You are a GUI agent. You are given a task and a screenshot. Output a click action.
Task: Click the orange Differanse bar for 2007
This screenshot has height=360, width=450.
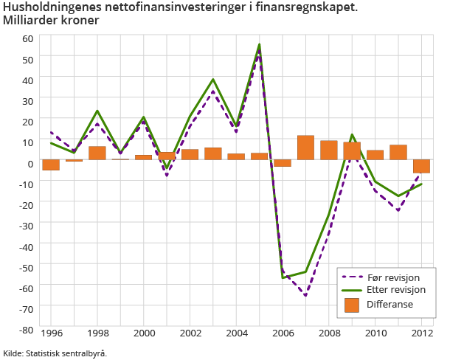[x=306, y=148]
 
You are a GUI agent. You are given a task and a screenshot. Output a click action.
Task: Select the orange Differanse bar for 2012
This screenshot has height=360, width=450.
[x=421, y=167]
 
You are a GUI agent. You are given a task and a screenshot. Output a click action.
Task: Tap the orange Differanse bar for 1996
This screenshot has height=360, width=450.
[x=51, y=165]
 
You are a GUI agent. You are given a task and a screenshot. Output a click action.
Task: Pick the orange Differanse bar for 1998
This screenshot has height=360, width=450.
[x=97, y=153]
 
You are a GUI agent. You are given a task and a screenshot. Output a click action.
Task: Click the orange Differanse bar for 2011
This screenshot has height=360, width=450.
[x=398, y=153]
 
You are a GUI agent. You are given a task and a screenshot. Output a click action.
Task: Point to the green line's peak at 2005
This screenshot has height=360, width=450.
[x=260, y=44]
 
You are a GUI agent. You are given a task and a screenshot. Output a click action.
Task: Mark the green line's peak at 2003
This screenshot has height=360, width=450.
[x=213, y=79]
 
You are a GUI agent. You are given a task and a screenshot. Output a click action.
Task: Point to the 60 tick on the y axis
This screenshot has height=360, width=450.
[x=28, y=38]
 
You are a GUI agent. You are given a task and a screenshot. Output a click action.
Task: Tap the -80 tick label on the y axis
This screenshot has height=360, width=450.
[x=26, y=330]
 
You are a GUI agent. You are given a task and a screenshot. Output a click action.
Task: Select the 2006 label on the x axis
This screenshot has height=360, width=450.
[x=283, y=333]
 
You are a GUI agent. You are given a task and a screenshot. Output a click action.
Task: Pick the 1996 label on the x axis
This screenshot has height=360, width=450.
[x=51, y=333]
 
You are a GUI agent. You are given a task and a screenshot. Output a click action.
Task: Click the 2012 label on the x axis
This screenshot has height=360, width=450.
[x=421, y=333]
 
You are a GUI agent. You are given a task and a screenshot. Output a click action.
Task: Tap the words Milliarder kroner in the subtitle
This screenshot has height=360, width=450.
[x=50, y=20]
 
